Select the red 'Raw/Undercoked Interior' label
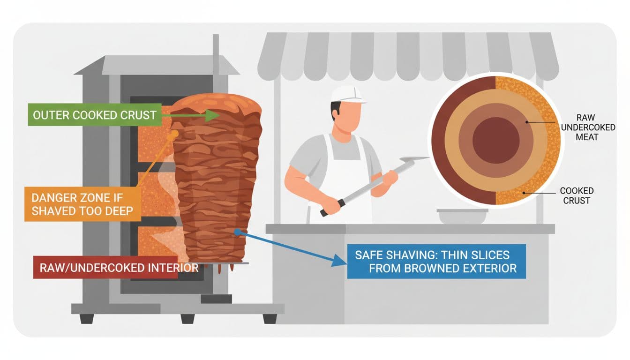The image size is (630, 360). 105,268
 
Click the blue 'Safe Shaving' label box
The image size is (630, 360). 436,262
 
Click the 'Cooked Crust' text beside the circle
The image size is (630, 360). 577,195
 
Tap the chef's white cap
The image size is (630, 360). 348,94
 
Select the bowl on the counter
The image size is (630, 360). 462,216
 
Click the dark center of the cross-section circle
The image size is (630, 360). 496,140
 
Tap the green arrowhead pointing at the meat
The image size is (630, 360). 212,115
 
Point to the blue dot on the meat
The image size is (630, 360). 238,231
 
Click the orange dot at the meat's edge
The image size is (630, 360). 175,134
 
